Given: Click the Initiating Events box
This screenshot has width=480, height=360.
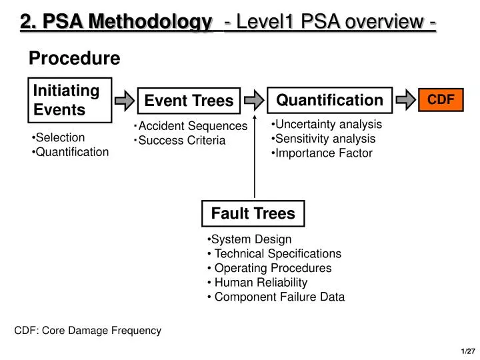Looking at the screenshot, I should [69, 100].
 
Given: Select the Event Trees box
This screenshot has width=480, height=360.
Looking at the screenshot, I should [189, 101].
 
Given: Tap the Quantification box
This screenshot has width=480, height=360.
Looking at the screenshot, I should [329, 100].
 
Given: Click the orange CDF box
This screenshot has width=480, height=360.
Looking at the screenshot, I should [440, 99].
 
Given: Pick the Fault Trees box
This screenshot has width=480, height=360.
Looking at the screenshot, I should [253, 213].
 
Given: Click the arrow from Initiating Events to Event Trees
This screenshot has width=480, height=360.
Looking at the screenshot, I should [124, 101].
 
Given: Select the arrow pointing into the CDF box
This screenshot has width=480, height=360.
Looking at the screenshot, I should [405, 100].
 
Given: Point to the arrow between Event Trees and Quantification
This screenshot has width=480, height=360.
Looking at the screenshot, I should [253, 100].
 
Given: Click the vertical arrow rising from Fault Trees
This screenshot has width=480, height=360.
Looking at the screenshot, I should [254, 153].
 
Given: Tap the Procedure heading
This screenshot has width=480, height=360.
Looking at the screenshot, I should [74, 59].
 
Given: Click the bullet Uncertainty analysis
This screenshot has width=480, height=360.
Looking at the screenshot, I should [327, 124].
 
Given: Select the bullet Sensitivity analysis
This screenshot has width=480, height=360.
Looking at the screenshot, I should [323, 139].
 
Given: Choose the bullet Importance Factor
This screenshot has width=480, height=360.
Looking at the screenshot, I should [321, 153].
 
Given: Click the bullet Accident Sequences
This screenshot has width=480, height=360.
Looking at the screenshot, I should [191, 126].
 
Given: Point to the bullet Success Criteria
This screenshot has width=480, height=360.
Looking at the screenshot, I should [180, 141].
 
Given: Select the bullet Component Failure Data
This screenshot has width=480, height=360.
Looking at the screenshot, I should [277, 297].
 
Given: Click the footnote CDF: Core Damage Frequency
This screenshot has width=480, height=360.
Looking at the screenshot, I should [88, 330].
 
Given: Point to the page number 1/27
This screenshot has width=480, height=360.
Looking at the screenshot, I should [465, 351].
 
